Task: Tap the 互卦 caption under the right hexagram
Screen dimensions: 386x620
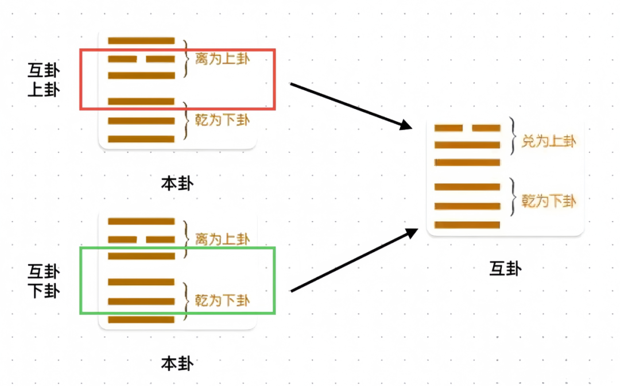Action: click(x=505, y=268)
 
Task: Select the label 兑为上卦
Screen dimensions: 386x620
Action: click(x=549, y=141)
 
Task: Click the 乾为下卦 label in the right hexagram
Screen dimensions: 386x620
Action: click(x=549, y=201)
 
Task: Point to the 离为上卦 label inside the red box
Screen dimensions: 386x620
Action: click(x=222, y=59)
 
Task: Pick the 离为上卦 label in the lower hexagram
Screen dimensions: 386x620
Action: click(x=222, y=238)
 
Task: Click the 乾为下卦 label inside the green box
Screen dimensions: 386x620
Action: click(x=222, y=300)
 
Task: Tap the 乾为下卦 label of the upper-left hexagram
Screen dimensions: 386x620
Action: click(x=222, y=121)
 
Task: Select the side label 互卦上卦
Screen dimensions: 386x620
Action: click(x=44, y=80)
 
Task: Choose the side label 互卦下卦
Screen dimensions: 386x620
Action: click(x=44, y=280)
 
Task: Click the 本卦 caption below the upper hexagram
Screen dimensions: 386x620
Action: click(x=177, y=183)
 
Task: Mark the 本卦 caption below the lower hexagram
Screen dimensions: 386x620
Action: click(x=177, y=363)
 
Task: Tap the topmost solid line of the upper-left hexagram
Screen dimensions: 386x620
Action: click(x=141, y=41)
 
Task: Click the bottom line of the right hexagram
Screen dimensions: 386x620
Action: click(x=467, y=225)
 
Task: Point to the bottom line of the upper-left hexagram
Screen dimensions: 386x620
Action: click(x=141, y=139)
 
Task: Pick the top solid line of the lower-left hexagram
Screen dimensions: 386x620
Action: click(x=141, y=221)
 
